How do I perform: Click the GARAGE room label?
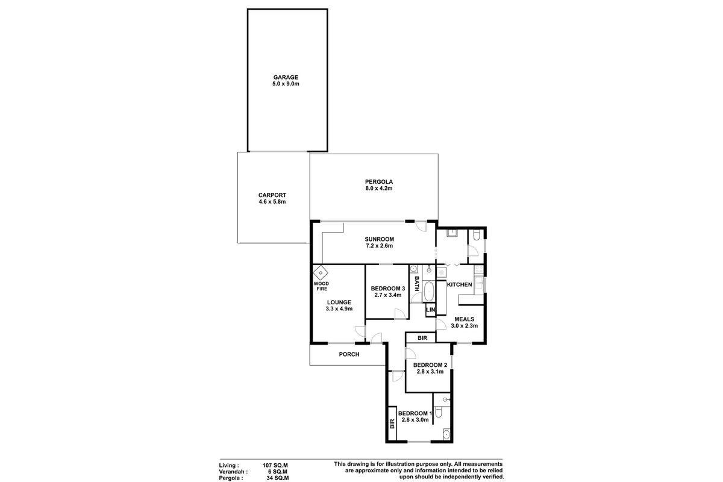(286, 77)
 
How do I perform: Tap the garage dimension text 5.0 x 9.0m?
(286, 84)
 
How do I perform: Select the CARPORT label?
(271, 195)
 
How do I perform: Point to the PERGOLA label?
(379, 181)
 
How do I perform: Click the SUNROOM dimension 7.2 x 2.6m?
(379, 246)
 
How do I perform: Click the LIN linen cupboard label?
(430, 310)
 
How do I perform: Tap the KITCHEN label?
(459, 284)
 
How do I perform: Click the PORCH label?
(349, 354)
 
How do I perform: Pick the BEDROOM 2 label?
(430, 365)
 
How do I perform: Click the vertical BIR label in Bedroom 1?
(392, 424)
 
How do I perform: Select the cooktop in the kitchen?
(442, 273)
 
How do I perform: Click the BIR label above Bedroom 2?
(422, 338)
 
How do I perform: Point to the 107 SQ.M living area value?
(275, 465)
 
